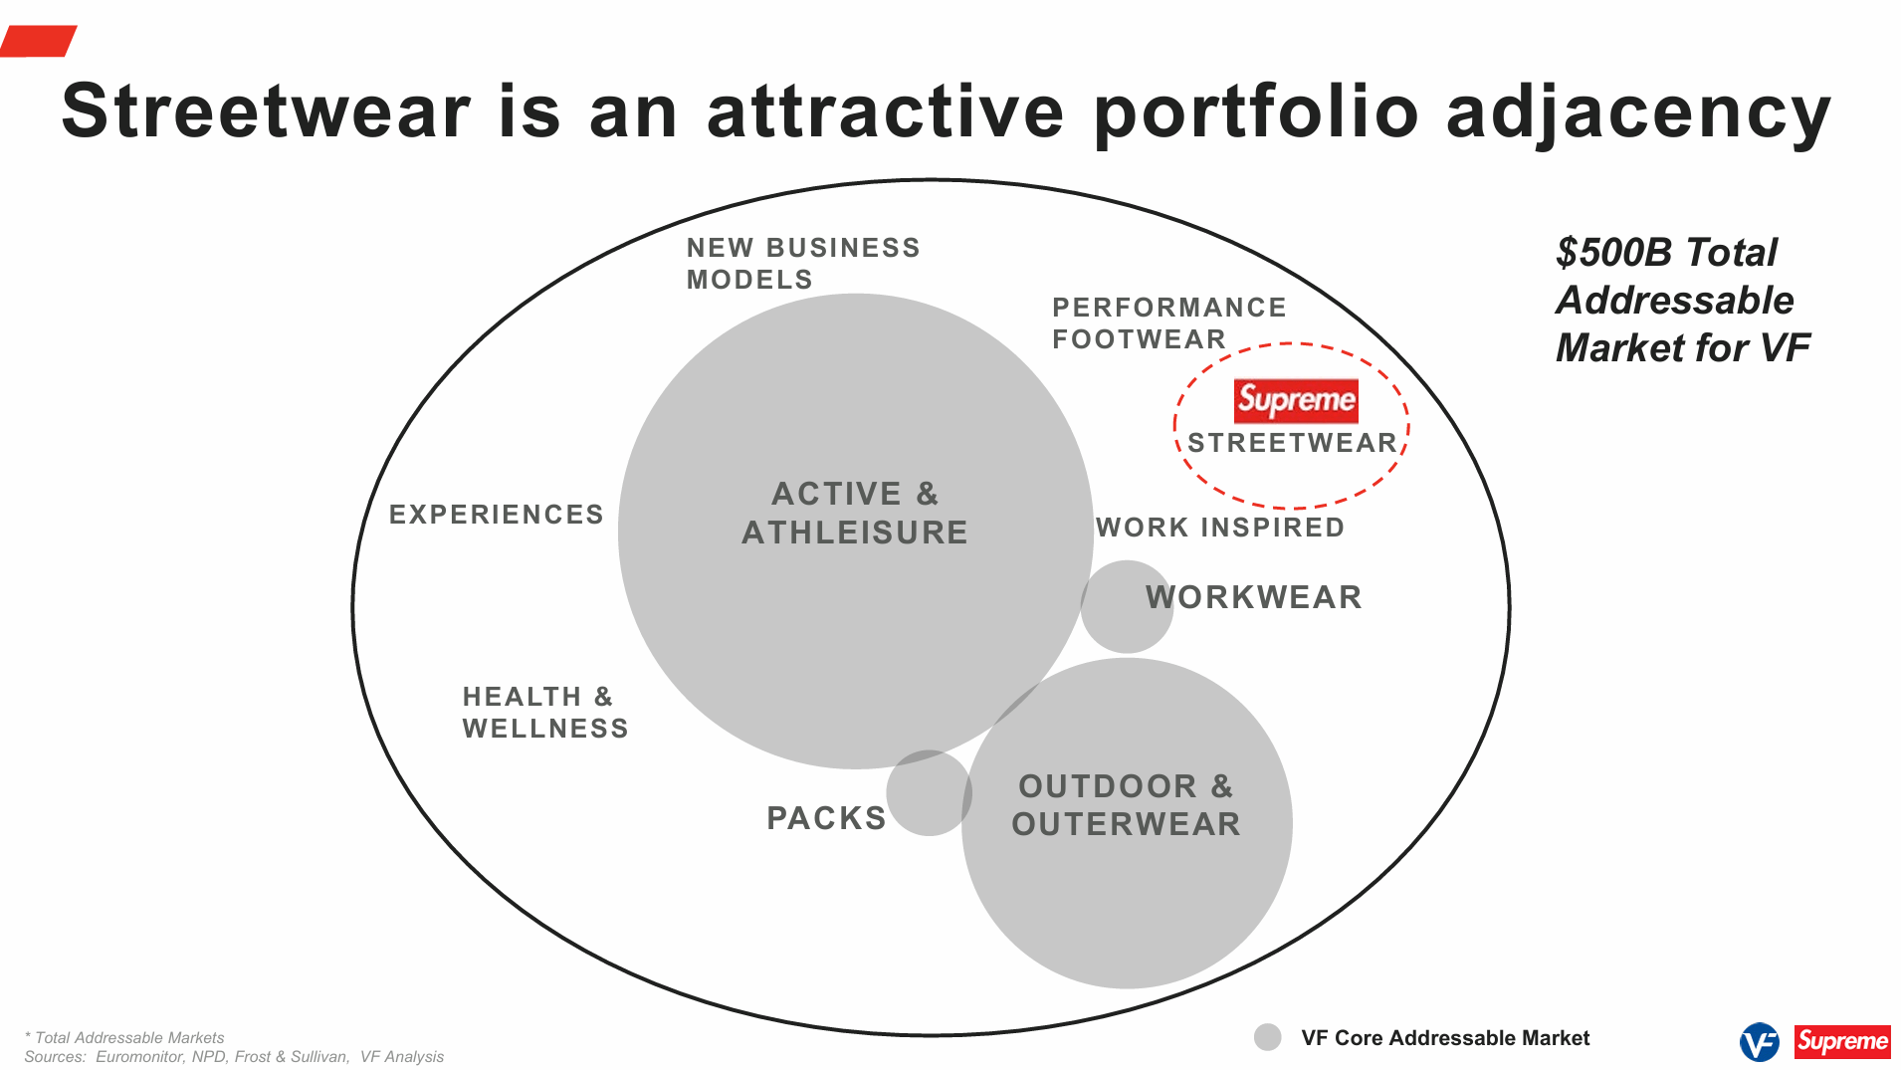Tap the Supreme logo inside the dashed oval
point(1295,400)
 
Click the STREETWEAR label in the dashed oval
point(1292,443)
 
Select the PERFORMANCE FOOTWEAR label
point(1168,322)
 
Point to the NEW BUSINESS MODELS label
point(802,263)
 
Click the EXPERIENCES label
point(496,515)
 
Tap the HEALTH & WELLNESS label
point(544,712)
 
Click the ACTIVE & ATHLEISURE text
point(854,513)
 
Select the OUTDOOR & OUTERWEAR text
point(1126,805)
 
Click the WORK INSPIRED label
point(1219,528)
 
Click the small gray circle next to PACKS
point(928,793)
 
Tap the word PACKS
point(825,818)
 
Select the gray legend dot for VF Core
point(1267,1037)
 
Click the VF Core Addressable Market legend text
point(1444,1038)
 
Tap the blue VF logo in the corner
point(1758,1042)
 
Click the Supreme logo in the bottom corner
point(1841,1042)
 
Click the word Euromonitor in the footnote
point(139,1057)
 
